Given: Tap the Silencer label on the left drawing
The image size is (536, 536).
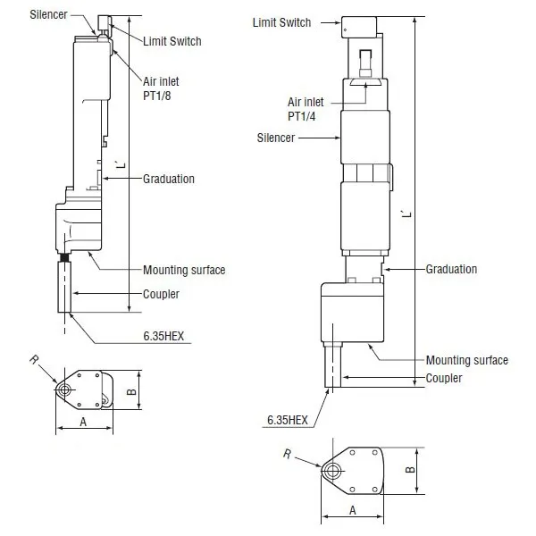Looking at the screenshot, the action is coord(48,14).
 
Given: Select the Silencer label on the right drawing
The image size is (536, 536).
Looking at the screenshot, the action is coord(276,138).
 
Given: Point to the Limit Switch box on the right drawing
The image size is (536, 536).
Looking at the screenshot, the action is coord(359,27).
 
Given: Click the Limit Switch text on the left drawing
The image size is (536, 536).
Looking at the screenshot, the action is coord(172,41).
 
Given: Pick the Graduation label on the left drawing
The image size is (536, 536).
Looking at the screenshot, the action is coord(169,179).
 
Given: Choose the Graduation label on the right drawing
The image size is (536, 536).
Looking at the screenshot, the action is coord(451,269).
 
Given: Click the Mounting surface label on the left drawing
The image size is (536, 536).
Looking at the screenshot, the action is coord(184,270).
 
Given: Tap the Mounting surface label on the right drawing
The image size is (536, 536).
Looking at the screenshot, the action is coord(467,360).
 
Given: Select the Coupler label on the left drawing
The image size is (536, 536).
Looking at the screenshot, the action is coord(161,294).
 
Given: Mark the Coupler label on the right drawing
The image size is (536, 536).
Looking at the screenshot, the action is coord(444,378).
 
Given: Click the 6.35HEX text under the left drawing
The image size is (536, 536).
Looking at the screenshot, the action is coord(163,336).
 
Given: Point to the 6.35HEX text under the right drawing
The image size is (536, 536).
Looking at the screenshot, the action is coord(288,420).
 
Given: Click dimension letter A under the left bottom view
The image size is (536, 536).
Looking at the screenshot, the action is coord(83,423).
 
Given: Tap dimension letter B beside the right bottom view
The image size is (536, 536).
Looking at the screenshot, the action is coord(410,470).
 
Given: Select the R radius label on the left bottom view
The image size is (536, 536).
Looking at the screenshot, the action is coord(34,360).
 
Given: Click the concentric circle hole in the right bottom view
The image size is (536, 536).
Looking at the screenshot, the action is coord(331,471).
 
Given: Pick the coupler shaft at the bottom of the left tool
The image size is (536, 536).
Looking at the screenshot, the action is coord(64,287).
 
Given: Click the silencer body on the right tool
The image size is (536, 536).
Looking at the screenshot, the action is coord(365,137).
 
